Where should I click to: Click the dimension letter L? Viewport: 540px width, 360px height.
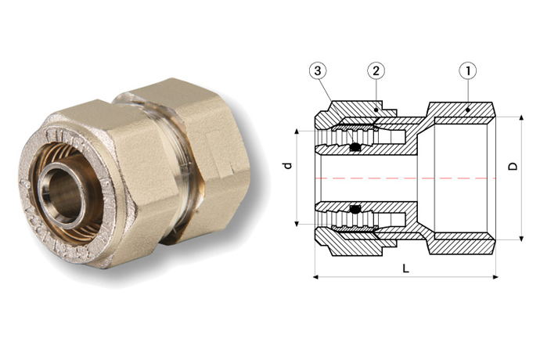click(x=405, y=268)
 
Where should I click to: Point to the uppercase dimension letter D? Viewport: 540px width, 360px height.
click(x=512, y=167)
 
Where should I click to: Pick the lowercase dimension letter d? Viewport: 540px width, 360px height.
click(x=287, y=166)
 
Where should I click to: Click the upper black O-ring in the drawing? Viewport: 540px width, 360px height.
click(x=355, y=146)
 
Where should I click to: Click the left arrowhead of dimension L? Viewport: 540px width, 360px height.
click(x=316, y=276)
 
